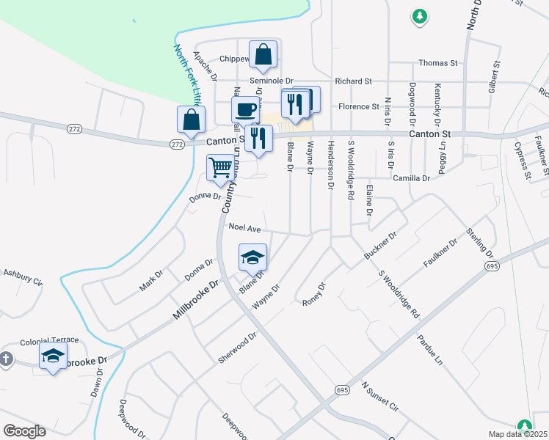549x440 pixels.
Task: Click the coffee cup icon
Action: tap(246, 110)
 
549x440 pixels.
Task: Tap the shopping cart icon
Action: tap(221, 167)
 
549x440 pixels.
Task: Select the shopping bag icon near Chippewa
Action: tap(263, 54)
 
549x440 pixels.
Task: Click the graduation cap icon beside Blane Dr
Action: tap(252, 257)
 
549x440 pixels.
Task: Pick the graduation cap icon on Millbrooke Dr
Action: tap(53, 358)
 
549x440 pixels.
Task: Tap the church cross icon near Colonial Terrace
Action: tap(6, 359)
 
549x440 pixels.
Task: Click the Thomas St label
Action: tap(438, 63)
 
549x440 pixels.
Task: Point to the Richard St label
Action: tap(354, 81)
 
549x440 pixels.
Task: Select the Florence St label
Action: tap(358, 106)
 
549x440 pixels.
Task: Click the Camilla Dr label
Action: tap(411, 178)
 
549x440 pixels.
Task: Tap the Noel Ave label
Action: tap(245, 228)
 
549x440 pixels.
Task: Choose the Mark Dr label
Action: tap(150, 281)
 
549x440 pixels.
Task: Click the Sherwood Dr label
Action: tap(237, 348)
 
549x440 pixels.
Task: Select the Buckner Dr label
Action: tap(380, 246)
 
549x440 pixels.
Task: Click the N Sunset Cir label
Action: tap(379, 396)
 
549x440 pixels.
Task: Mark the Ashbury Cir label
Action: tap(23, 276)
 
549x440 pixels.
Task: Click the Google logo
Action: tap(24, 430)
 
